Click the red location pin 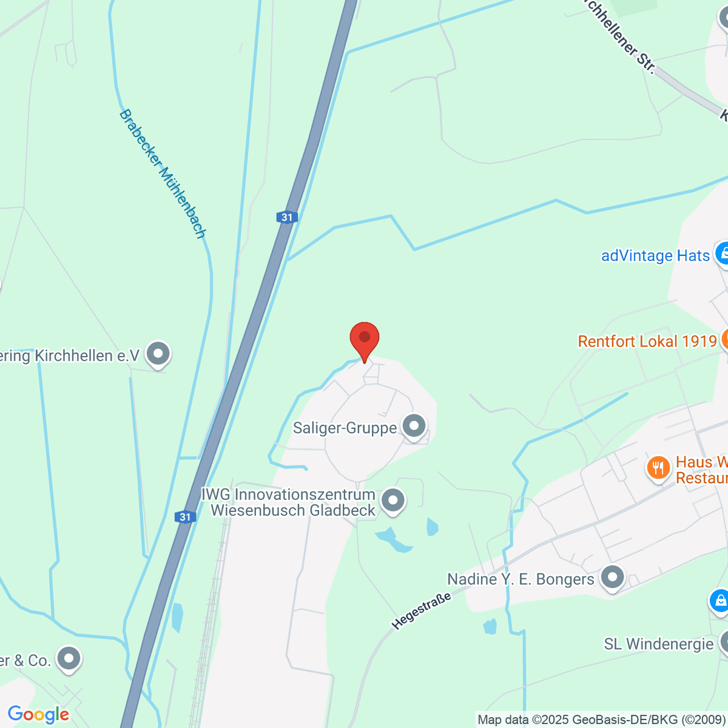tap(365, 339)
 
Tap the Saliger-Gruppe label tap(345, 428)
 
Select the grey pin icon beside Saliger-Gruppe tap(414, 426)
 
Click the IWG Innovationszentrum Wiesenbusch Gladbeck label tap(289, 502)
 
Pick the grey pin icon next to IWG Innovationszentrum tap(393, 501)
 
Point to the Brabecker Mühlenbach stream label tap(163, 174)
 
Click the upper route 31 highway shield tap(287, 217)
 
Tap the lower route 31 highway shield tap(186, 517)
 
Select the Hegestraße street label tap(422, 610)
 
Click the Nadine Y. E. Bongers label tap(521, 579)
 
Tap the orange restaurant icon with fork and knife tap(658, 467)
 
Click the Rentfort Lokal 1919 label tap(647, 341)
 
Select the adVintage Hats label tap(655, 255)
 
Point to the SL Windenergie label tap(659, 644)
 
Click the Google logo tap(38, 715)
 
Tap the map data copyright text tap(601, 720)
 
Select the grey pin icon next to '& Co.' tap(69, 659)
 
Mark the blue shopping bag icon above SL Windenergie tap(720, 601)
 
